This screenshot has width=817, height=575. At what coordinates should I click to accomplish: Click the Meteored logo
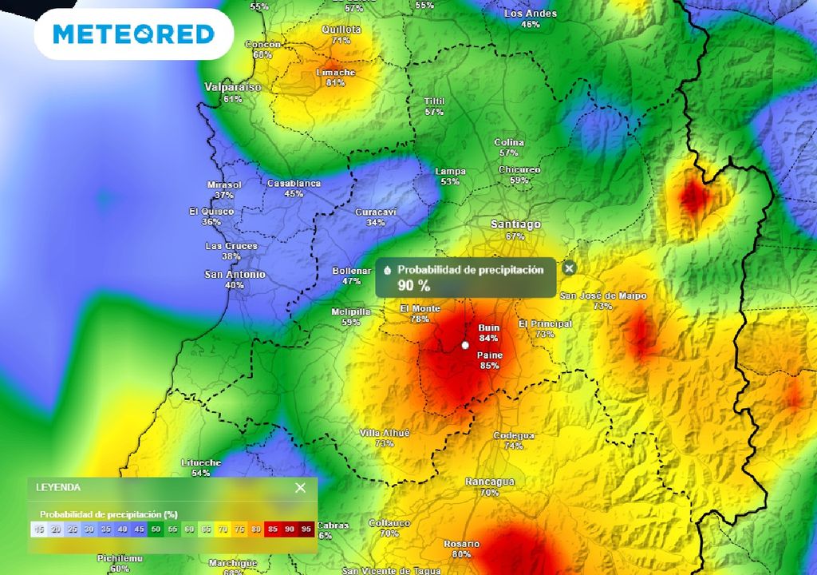coord(133,34)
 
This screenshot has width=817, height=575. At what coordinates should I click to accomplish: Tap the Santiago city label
coord(515,224)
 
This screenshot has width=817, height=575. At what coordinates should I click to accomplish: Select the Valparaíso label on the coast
coord(233,87)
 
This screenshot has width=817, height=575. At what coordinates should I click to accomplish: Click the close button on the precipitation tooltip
coord(569,268)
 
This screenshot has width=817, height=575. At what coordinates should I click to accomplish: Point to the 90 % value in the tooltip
coord(414,285)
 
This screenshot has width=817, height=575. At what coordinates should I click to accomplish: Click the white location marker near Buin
coord(465,346)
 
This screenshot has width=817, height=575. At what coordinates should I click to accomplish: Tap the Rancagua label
coord(490,482)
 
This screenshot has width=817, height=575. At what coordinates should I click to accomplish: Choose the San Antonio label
coord(235,274)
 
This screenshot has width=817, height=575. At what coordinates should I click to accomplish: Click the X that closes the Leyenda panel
coord(300,488)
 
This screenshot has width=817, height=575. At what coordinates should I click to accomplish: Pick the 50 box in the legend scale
coord(156,529)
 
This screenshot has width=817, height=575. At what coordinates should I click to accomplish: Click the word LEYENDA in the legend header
coord(58,487)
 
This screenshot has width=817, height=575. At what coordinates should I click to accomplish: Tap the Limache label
coord(336,72)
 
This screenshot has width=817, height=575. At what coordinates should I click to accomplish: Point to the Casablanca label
coord(294,183)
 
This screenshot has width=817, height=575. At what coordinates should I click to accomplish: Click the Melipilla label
coord(351,311)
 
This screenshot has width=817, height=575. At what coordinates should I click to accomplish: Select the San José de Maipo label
coord(603,295)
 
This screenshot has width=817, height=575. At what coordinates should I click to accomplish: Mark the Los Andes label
coord(531,14)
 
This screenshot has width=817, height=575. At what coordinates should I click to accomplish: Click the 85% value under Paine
coord(490,366)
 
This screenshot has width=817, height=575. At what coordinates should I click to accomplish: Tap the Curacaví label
coord(376,212)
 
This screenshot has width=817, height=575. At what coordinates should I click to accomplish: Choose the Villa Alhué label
coord(385,433)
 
